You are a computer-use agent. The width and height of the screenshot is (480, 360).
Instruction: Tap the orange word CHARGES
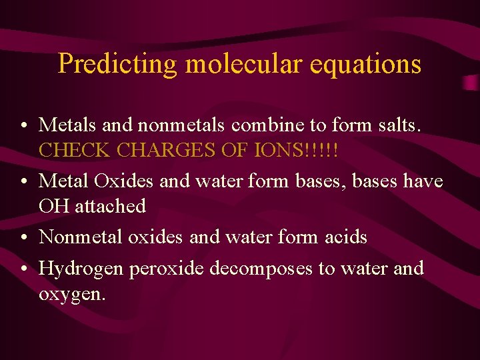tap(165, 149)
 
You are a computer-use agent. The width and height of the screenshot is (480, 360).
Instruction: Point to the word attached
tap(110, 205)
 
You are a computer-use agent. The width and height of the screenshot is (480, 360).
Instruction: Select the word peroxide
tap(167, 269)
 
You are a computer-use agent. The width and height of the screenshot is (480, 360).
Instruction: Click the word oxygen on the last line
tap(71, 294)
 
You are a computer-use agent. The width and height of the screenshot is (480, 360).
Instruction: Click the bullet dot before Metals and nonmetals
tap(23, 125)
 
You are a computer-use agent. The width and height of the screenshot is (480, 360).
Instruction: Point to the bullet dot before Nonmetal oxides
tap(23, 237)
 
